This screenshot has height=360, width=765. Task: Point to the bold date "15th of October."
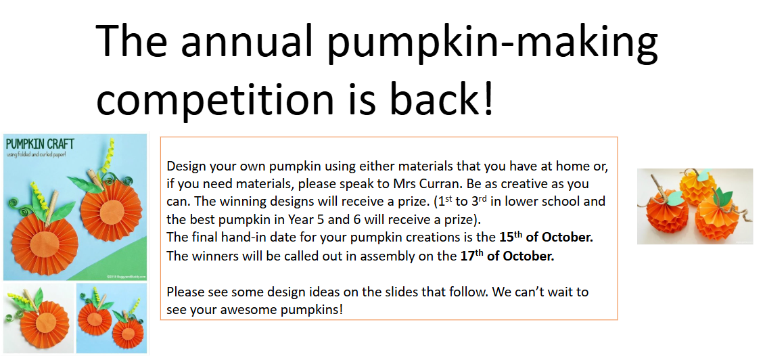546,238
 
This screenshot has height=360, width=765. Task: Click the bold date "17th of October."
507,256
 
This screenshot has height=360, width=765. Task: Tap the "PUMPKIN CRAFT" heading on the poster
40,144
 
